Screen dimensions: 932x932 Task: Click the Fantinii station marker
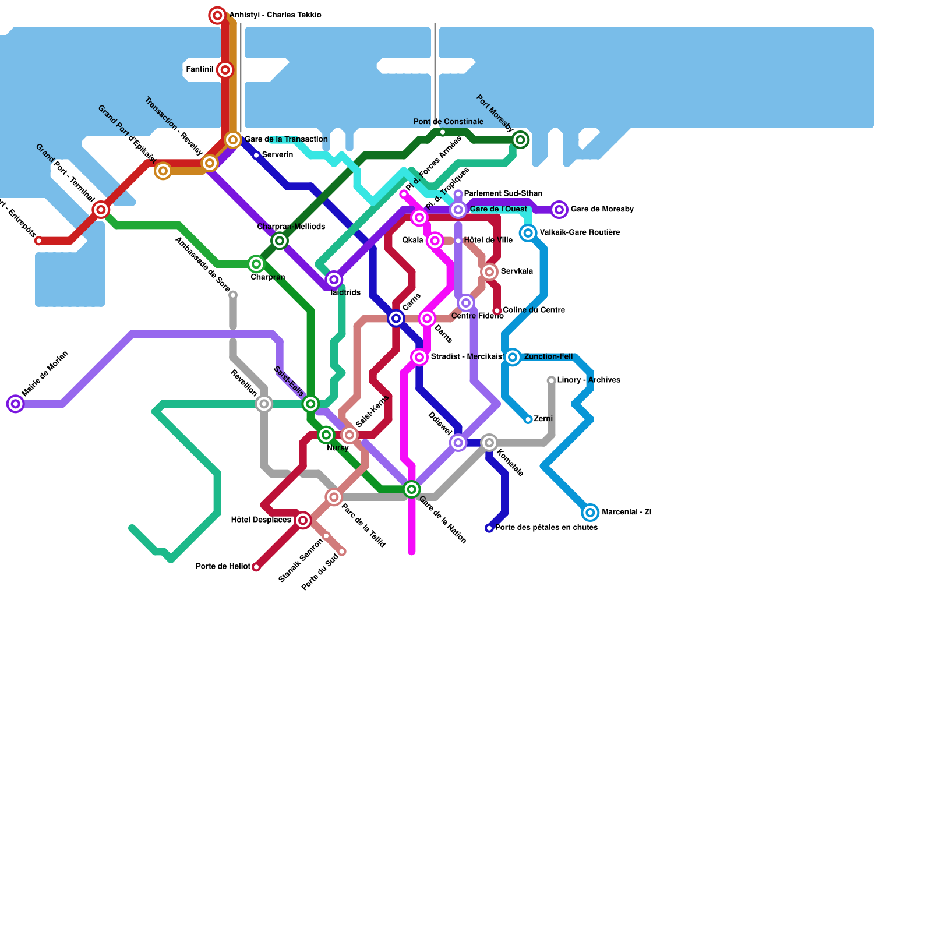225,70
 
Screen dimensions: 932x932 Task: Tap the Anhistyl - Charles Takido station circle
217,16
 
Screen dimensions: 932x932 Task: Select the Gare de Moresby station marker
559,210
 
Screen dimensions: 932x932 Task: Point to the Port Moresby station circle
521,140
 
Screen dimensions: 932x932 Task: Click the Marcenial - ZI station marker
590,513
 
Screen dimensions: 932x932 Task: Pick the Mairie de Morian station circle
16,404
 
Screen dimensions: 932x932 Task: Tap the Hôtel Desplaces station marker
303,520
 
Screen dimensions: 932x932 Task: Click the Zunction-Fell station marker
513,357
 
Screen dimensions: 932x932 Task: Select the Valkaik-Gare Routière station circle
528,233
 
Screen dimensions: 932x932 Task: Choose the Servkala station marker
490,271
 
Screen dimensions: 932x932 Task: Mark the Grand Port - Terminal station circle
101,210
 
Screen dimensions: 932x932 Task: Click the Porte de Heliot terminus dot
256,567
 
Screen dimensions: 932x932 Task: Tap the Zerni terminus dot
528,419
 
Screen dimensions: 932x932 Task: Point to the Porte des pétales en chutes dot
489,528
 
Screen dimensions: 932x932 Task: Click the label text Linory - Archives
588,380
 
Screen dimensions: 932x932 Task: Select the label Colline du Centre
534,310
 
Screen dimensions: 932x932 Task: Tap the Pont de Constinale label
448,122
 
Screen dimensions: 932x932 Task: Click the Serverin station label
277,155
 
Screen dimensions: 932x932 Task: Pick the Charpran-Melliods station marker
280,241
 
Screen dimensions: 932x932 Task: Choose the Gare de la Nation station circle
412,489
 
